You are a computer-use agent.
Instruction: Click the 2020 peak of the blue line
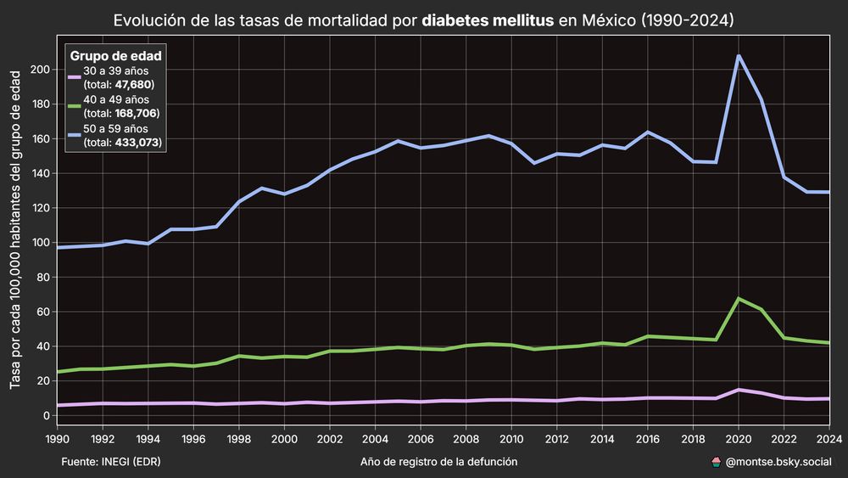[x=739, y=56]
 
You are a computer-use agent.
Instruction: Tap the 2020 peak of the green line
[x=739, y=299]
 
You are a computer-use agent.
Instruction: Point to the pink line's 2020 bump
[x=739, y=390]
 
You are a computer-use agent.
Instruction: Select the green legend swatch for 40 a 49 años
[x=74, y=106]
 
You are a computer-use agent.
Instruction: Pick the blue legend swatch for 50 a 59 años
[x=74, y=135]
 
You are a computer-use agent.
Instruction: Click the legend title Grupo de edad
[x=116, y=57]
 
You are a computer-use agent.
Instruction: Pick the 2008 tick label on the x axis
[x=465, y=438]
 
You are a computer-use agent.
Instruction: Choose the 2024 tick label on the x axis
[x=828, y=438]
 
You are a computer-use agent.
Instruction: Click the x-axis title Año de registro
[x=438, y=462]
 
